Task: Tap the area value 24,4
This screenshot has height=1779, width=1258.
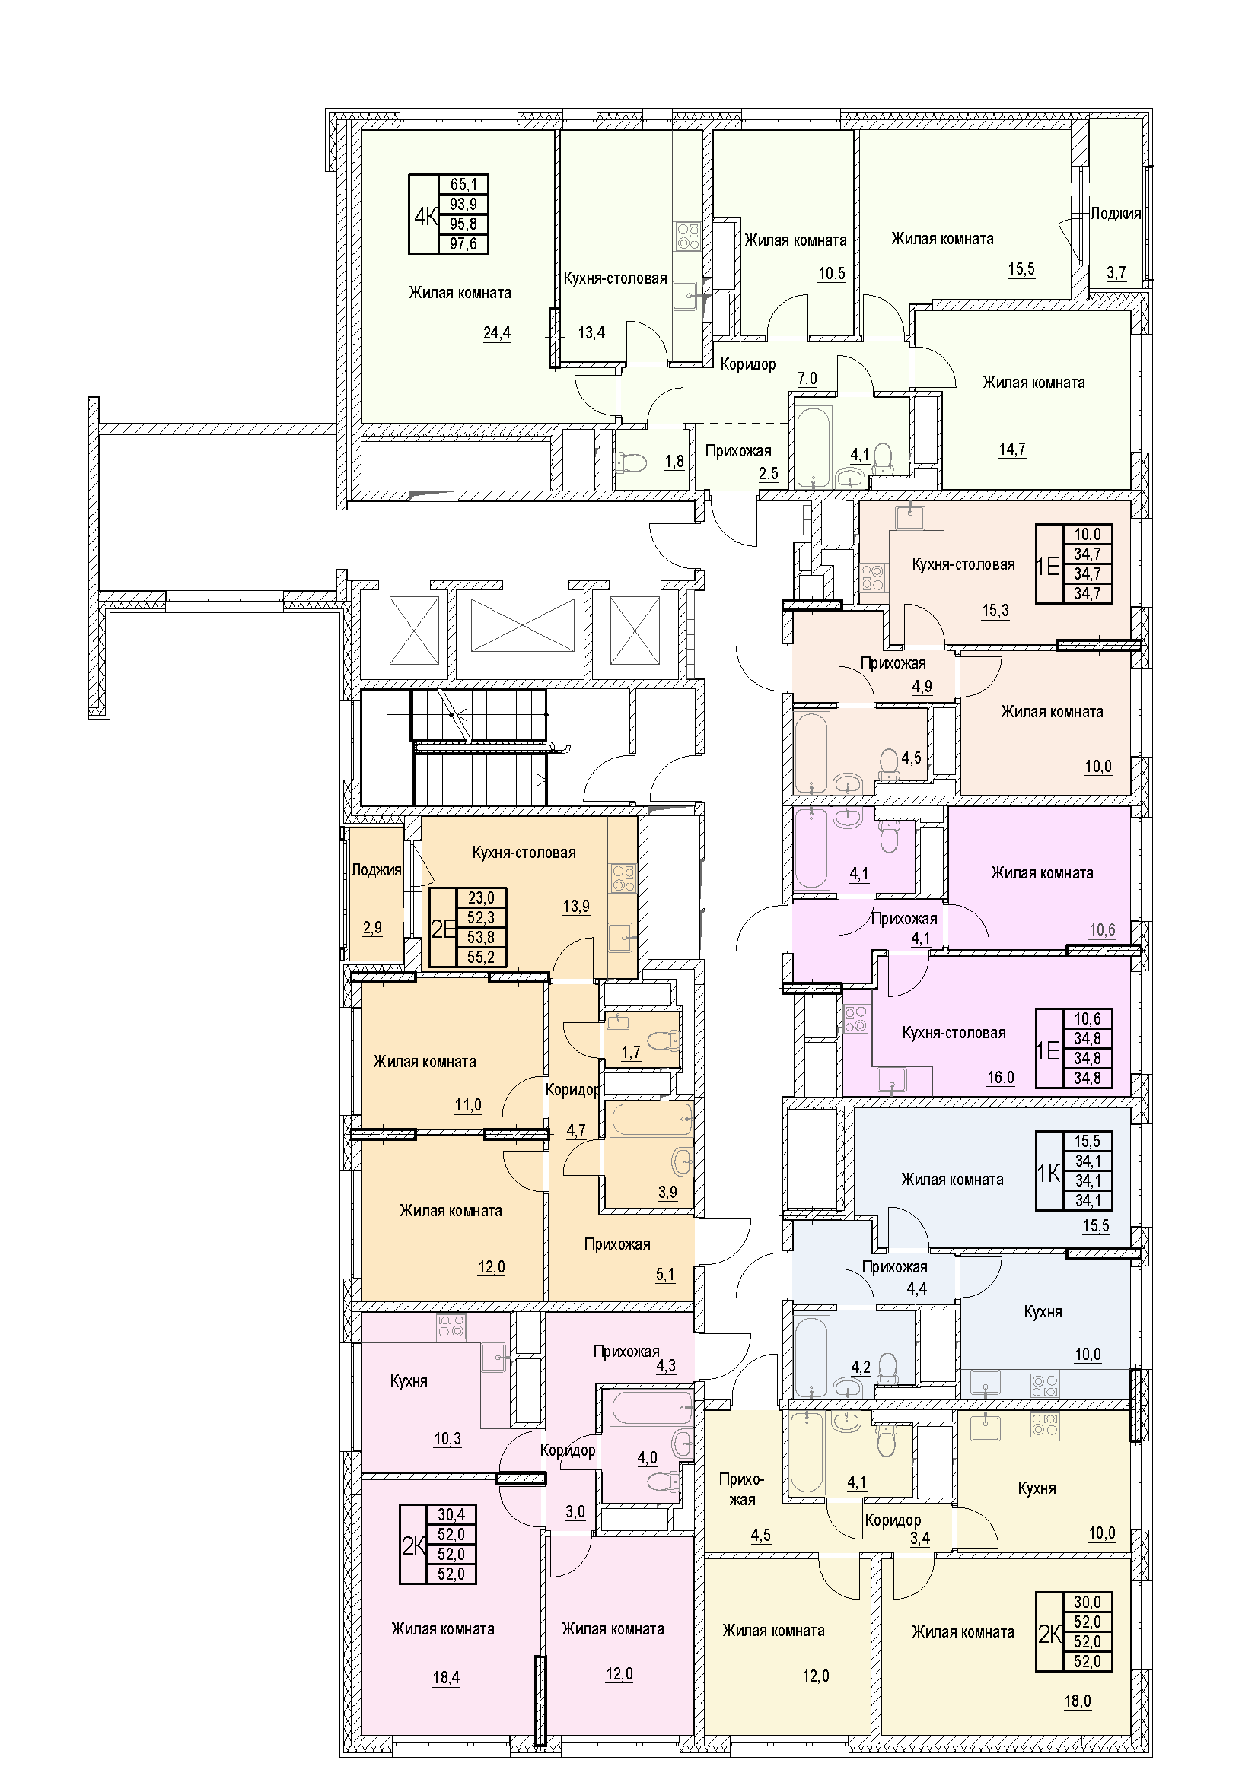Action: tap(497, 334)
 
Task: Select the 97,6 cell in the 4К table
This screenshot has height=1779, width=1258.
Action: tap(463, 244)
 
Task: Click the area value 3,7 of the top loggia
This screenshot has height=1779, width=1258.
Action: tap(1116, 273)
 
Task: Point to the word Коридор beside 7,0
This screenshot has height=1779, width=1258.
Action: tap(748, 364)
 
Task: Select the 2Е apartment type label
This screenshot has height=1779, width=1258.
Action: tap(443, 928)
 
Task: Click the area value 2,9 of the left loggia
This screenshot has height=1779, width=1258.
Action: tap(372, 927)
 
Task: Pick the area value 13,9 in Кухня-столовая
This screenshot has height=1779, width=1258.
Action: tap(576, 906)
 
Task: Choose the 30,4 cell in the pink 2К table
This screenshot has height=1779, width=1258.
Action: tap(451, 1514)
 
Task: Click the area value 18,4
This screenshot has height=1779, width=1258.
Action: tap(447, 1679)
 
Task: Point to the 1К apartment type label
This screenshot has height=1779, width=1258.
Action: tap(1048, 1173)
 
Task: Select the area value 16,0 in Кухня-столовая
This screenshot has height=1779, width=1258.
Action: tap(1001, 1078)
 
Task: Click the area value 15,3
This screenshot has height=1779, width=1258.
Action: tap(995, 611)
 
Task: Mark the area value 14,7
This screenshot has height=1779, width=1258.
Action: tap(1012, 450)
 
